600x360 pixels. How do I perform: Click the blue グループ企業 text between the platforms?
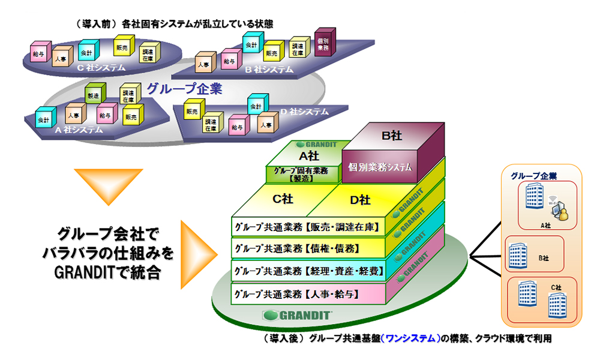pos(185,89)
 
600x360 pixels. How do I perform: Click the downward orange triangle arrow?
pos(109,185)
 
